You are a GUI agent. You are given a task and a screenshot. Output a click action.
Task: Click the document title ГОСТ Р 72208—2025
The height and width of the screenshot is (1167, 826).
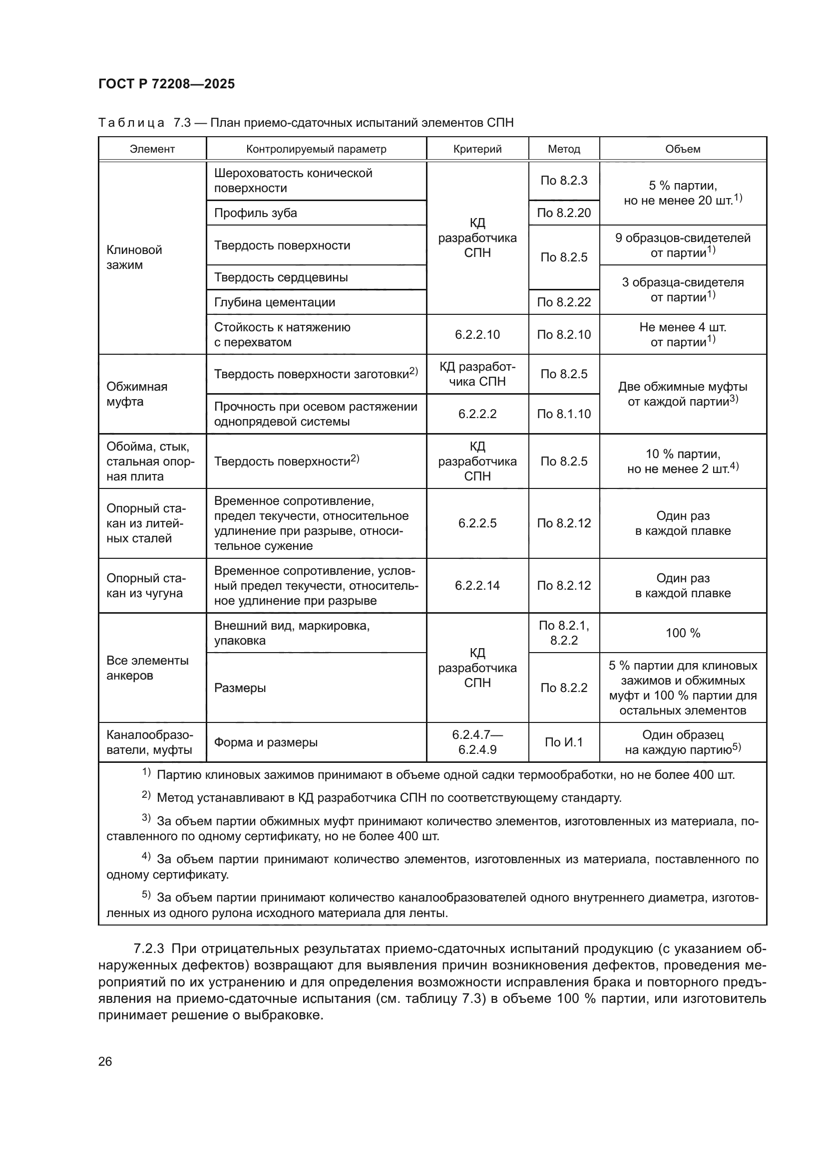166,84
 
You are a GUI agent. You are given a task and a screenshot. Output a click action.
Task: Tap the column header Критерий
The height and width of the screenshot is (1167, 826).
477,149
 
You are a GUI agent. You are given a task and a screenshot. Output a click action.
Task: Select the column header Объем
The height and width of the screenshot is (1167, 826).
683,149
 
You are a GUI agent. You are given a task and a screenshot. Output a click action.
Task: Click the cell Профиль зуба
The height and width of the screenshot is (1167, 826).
255,213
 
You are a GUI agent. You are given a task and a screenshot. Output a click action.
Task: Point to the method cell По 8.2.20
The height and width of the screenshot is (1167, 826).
563,213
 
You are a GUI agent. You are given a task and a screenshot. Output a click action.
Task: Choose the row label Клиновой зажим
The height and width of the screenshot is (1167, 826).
134,257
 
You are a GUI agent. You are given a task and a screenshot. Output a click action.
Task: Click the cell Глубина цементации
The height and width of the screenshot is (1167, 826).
274,302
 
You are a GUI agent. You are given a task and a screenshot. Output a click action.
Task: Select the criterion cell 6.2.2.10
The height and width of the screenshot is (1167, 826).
477,334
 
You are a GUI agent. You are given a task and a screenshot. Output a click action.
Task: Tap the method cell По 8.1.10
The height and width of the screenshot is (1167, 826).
563,414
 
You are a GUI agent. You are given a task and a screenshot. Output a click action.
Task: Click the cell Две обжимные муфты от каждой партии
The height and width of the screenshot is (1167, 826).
683,394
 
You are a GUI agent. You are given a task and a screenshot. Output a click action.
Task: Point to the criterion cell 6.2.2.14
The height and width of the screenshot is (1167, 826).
477,586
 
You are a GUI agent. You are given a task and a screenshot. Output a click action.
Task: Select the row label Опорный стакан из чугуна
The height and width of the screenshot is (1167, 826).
146,586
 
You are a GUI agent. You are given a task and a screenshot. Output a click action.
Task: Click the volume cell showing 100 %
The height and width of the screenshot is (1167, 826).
683,633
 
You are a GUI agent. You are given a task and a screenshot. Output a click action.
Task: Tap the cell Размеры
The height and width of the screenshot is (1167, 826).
240,688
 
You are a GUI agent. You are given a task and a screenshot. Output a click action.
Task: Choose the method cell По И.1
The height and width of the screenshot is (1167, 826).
563,742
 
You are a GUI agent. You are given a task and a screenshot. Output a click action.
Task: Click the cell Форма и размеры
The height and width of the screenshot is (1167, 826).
266,742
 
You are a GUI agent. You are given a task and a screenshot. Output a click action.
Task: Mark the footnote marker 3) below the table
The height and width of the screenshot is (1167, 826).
146,818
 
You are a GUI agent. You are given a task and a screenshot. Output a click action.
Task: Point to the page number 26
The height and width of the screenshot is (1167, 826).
105,1061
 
